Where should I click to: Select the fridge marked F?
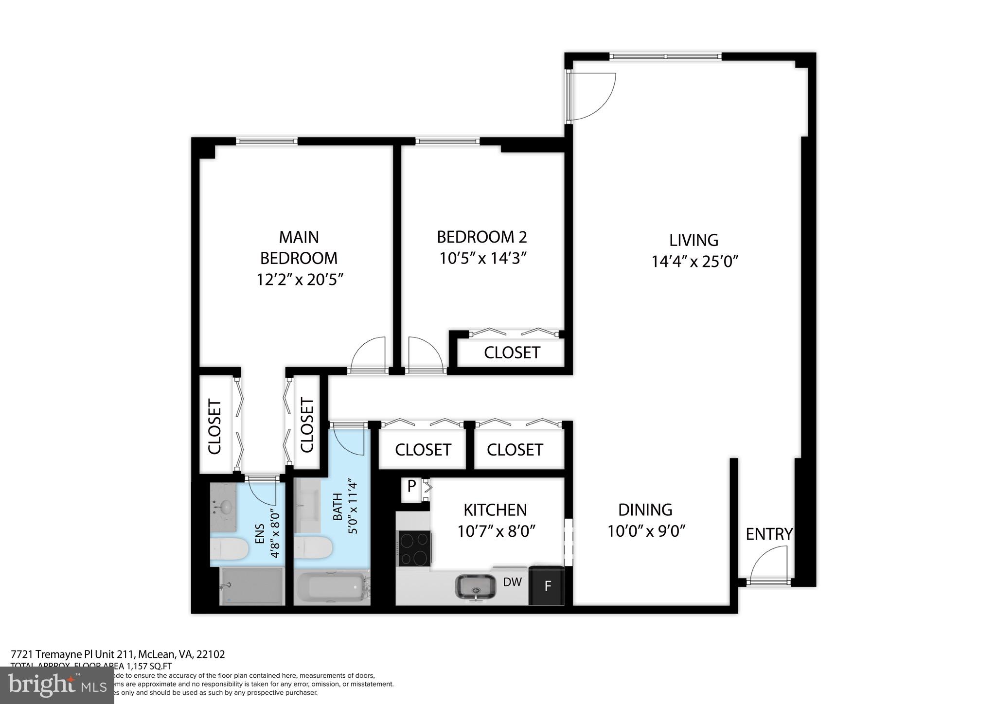pos(548,586)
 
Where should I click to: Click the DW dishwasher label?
pos(512,581)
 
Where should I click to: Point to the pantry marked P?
pos(411,486)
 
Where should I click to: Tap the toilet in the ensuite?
pos(229,548)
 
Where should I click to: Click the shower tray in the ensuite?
pos(252,586)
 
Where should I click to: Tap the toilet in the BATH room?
pos(313,547)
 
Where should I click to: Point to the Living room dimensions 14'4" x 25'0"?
pos(694,262)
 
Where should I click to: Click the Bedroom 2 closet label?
pos(512,352)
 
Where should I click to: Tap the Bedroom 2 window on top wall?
pos(447,141)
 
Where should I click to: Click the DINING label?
pos(645,510)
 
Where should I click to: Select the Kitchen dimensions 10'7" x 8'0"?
pos(496,531)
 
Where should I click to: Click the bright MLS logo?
pos(57,685)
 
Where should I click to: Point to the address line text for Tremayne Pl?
pos(118,654)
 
